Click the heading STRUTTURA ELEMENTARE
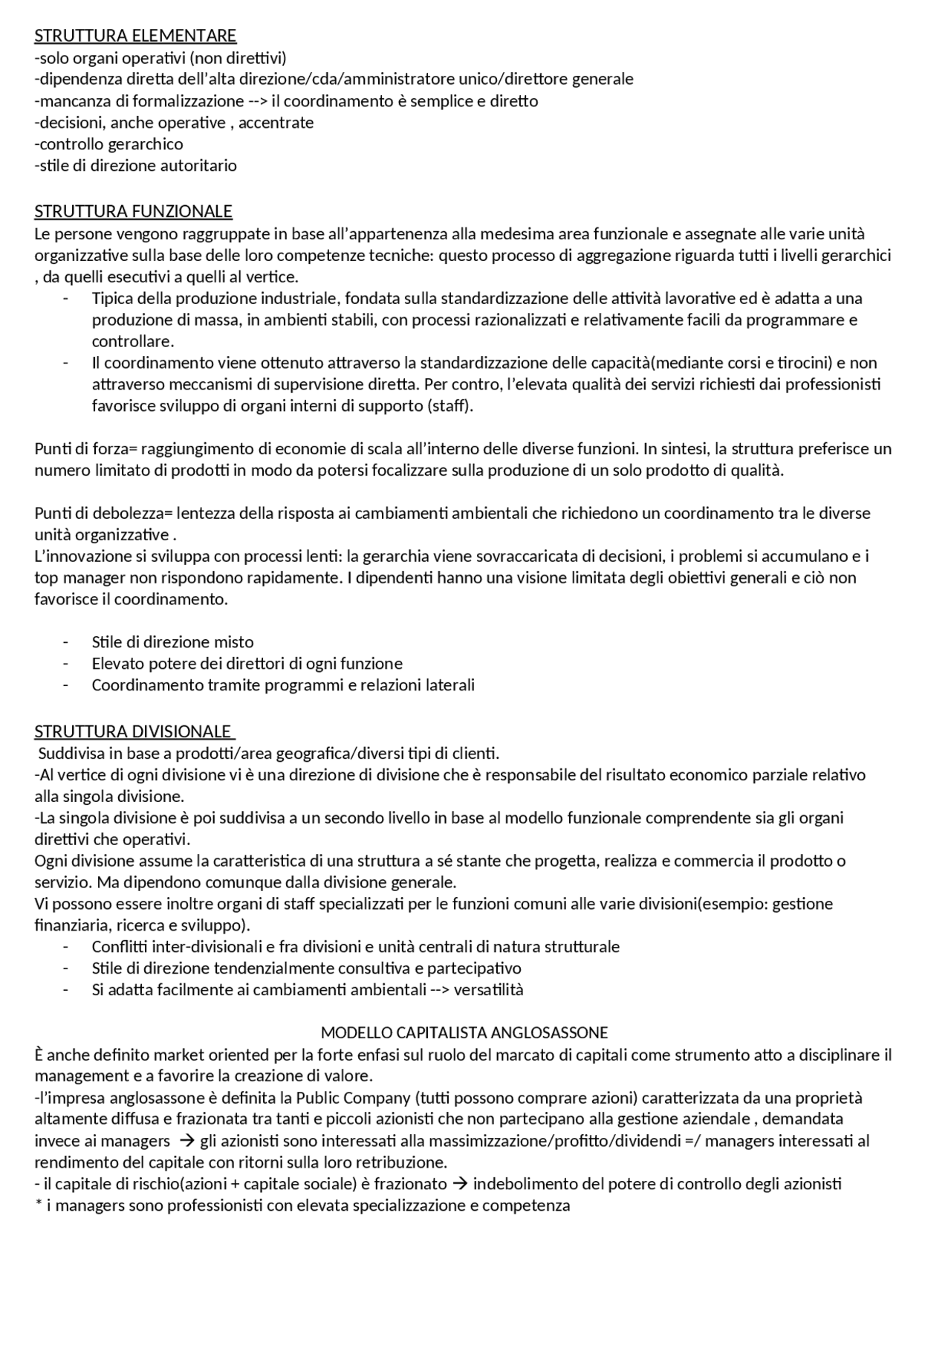click(135, 36)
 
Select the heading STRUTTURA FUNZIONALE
click(133, 212)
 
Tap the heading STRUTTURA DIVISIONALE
click(134, 732)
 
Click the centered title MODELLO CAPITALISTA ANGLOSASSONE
click(464, 1033)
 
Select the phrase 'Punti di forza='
click(86, 449)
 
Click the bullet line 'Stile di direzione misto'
click(172, 642)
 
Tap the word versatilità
click(488, 990)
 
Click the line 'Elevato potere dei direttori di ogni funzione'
click(247, 664)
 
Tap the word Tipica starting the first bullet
click(111, 299)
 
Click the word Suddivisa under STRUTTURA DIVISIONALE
click(70, 754)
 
